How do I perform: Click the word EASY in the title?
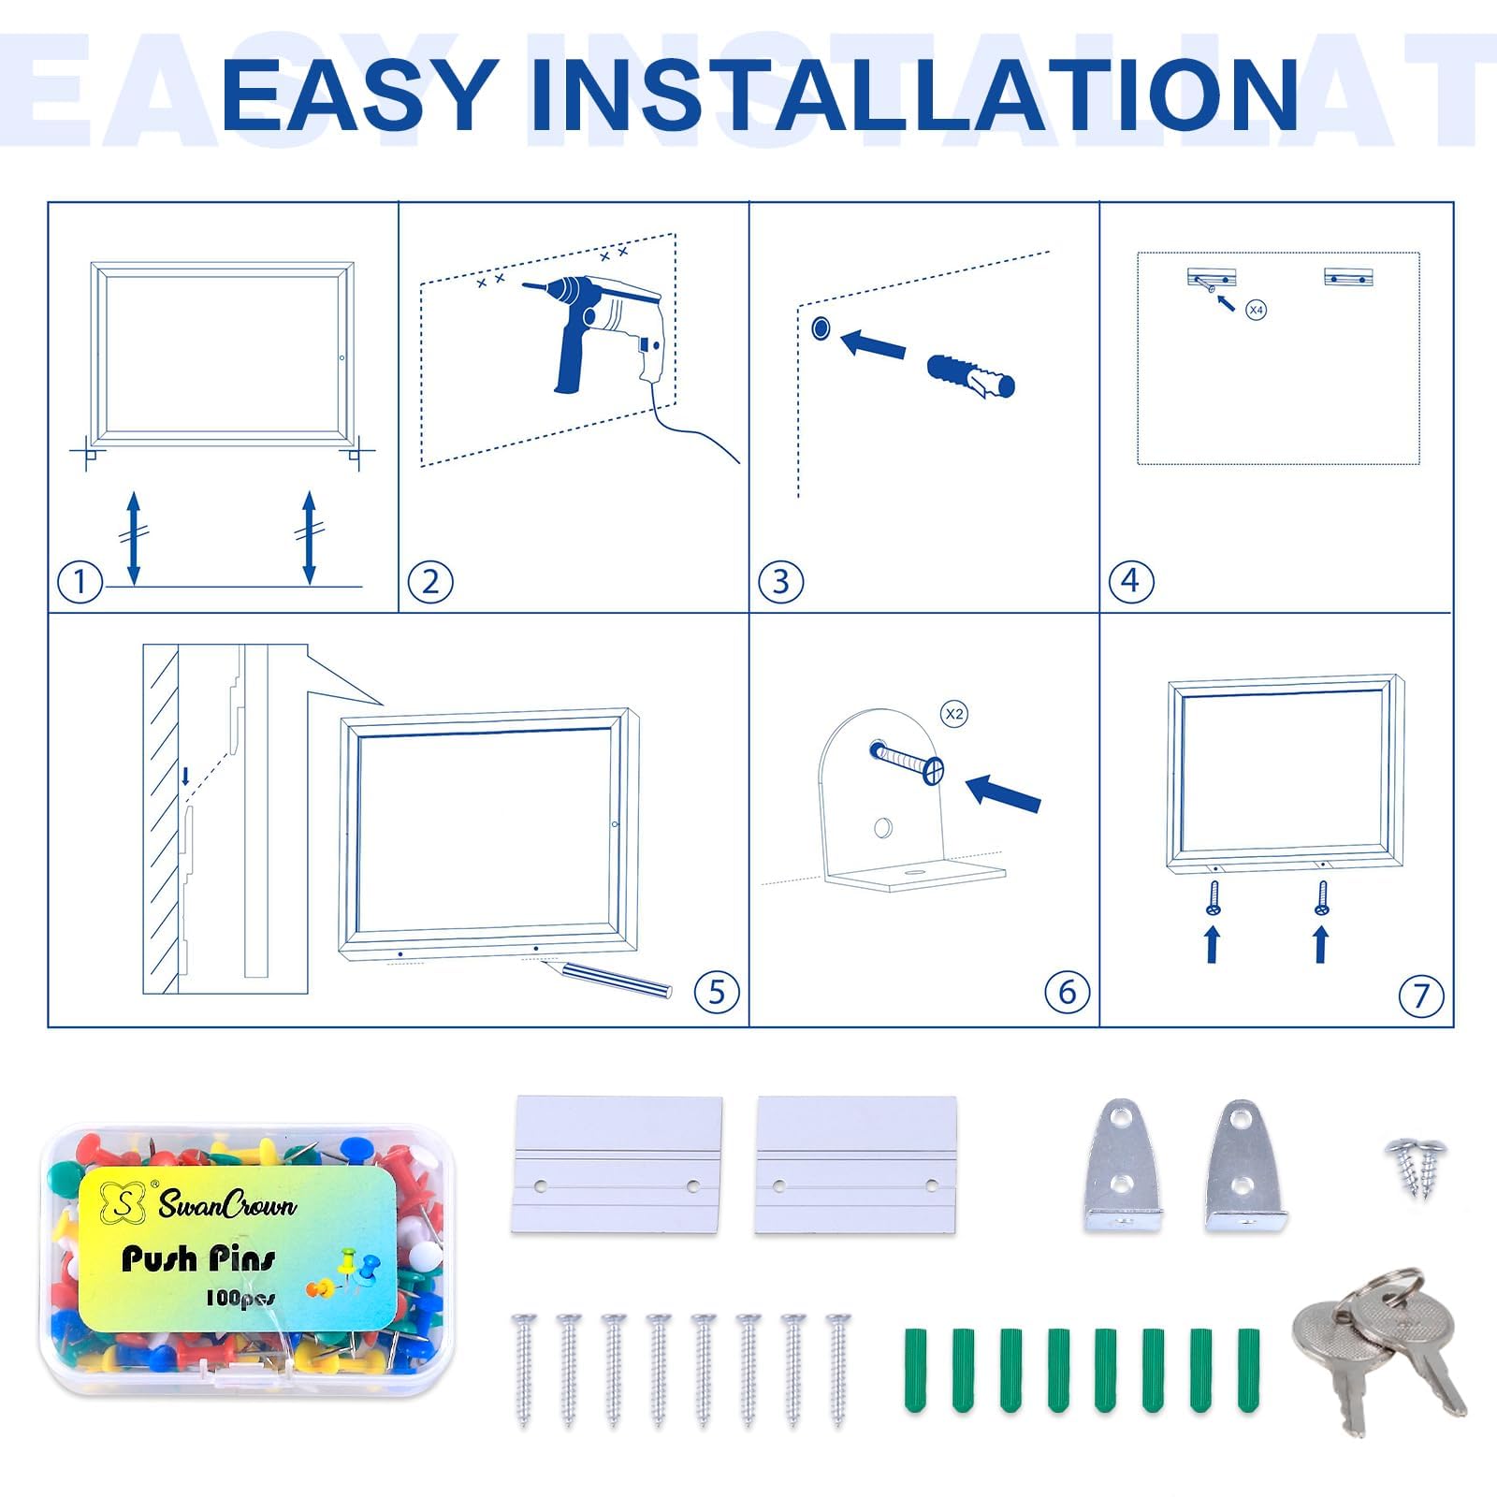click(359, 94)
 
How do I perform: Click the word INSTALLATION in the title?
click(914, 94)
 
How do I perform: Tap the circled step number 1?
click(80, 582)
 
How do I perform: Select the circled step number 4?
click(1130, 582)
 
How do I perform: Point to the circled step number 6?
click(1068, 992)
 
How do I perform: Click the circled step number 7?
click(1420, 996)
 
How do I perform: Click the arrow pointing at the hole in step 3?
click(873, 342)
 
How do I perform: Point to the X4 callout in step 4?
click(1257, 309)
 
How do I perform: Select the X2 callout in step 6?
click(953, 714)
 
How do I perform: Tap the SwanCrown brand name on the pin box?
click(227, 1204)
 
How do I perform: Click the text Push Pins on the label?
click(199, 1259)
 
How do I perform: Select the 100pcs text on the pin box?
click(240, 1298)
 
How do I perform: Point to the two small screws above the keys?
click(1417, 1168)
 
